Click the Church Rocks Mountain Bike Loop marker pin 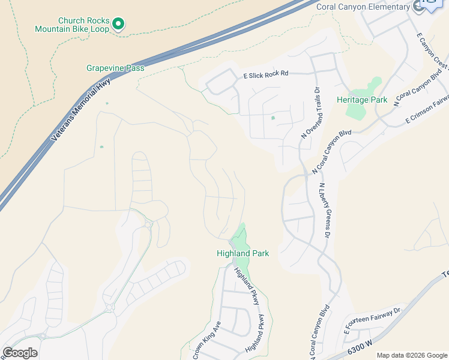(x=119, y=24)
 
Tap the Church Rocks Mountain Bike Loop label (x=72, y=25)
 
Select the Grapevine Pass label (x=115, y=68)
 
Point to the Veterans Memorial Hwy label (x=82, y=110)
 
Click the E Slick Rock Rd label (x=266, y=74)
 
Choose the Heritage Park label (x=362, y=100)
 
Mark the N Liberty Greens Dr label (x=325, y=211)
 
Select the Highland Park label (x=243, y=253)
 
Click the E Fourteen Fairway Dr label (x=372, y=321)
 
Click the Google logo (x=20, y=353)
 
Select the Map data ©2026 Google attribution (x=411, y=355)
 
